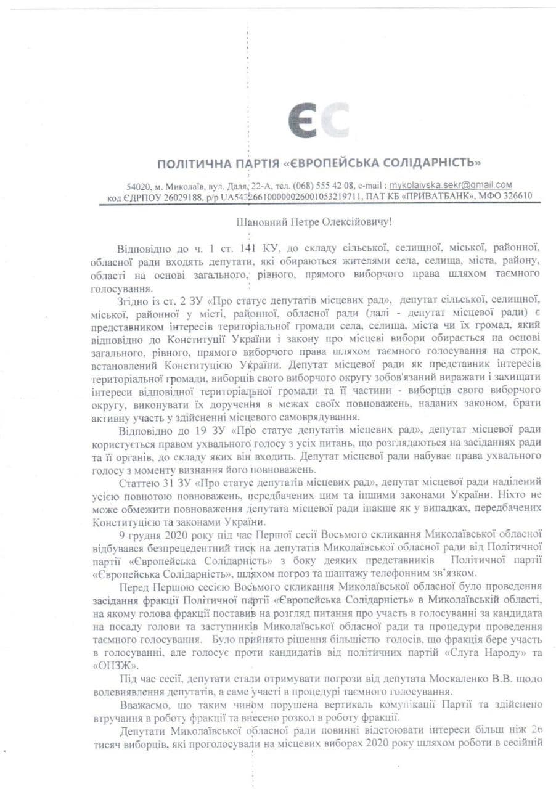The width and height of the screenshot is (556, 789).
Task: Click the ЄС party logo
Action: (x=319, y=121)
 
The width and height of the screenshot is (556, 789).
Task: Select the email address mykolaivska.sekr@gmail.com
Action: (x=451, y=185)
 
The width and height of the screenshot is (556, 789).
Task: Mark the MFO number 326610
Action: (x=517, y=197)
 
